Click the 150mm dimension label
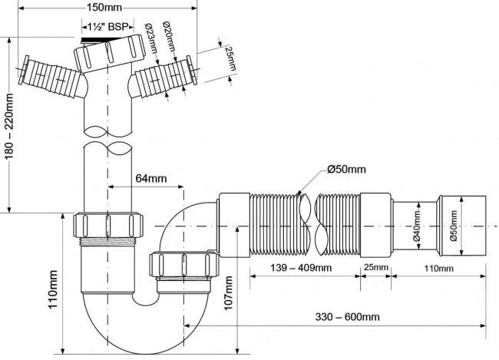tap(104, 8)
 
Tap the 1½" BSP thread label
tap(108, 27)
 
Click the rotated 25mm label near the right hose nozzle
tap(231, 58)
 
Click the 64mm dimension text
tap(151, 178)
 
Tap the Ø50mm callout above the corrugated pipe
tap(346, 169)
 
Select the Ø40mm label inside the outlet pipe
tap(417, 226)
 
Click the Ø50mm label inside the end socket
tap(454, 226)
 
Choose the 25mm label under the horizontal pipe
tap(376, 267)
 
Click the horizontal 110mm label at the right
tap(439, 269)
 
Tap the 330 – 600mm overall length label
tap(348, 317)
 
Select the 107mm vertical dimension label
tap(228, 293)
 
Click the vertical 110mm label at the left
tap(52, 289)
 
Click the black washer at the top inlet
tap(93, 40)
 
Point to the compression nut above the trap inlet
tap(108, 225)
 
